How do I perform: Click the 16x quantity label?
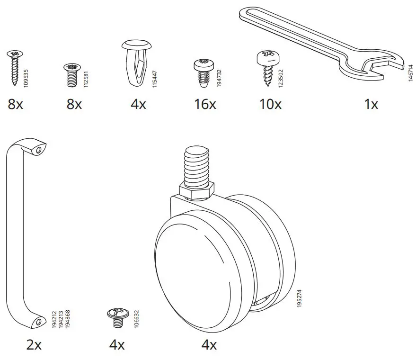point(205,104)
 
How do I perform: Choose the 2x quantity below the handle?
point(34,345)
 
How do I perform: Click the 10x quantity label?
point(270,104)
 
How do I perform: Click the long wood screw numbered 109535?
point(14,68)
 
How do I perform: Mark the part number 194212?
point(54,320)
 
